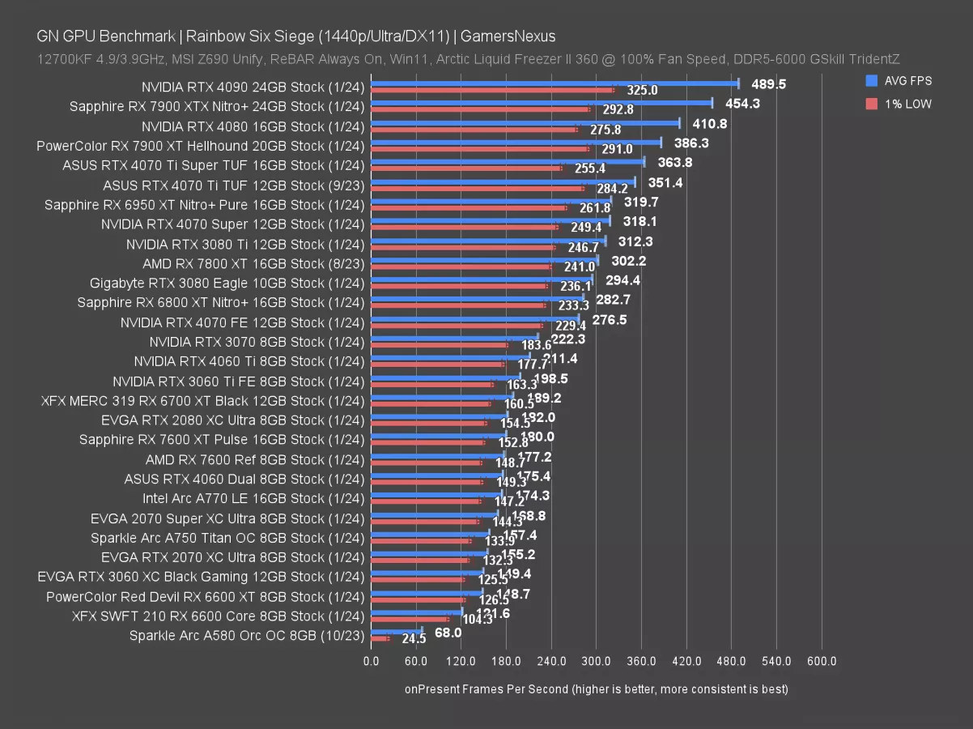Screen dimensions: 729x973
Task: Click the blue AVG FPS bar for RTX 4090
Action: tap(554, 83)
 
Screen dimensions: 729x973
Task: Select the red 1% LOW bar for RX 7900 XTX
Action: tap(480, 109)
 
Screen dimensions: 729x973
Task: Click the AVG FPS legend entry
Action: tap(899, 80)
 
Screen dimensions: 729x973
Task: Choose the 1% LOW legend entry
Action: tap(899, 104)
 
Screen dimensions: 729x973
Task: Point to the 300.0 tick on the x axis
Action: tap(596, 662)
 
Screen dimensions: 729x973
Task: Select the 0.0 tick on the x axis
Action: tap(371, 662)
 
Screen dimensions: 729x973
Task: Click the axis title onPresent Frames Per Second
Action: tap(596, 689)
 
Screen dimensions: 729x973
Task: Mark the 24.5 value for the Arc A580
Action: tap(414, 639)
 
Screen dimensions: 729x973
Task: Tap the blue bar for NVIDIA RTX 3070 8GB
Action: tap(454, 337)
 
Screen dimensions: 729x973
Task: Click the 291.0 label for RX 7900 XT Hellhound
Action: tap(616, 149)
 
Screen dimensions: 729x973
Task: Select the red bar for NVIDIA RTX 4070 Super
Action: tap(464, 227)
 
